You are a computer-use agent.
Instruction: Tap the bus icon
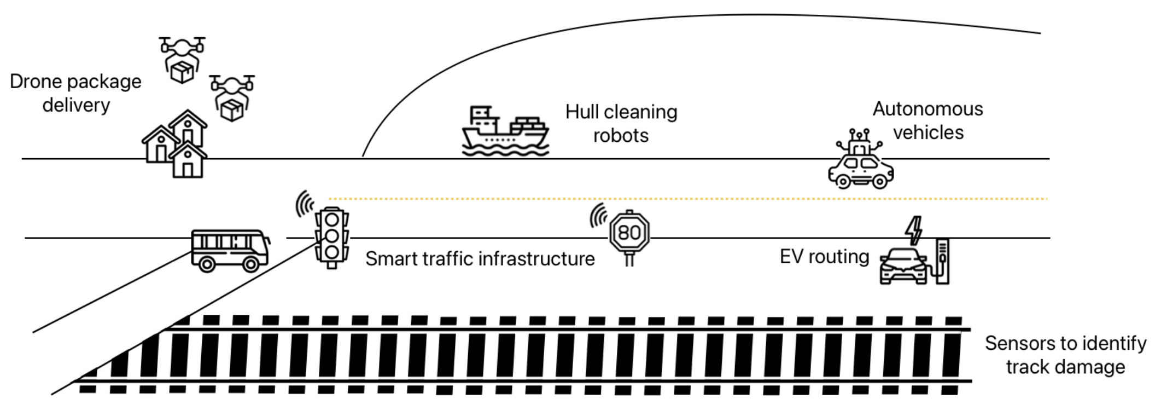(230, 250)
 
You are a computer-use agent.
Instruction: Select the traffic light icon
(331, 236)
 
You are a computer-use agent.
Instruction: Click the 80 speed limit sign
(629, 233)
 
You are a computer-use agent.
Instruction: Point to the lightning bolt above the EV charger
(914, 230)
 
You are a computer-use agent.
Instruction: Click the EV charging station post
(942, 261)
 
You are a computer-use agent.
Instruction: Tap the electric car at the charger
(902, 266)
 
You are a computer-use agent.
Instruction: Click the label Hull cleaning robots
(621, 123)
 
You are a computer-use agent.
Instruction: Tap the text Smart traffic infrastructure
(480, 258)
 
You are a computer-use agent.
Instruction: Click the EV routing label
(824, 256)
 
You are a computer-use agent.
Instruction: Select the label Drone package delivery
(75, 93)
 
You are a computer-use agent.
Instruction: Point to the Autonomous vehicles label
(927, 120)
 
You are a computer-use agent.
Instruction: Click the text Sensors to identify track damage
(1065, 355)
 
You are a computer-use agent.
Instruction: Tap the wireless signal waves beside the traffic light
(304, 204)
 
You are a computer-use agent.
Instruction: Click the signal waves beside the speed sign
(598, 215)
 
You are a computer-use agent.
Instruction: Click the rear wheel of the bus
(207, 264)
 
